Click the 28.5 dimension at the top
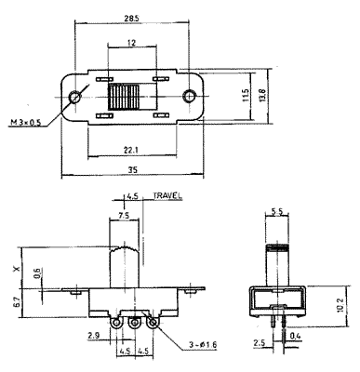[132, 19]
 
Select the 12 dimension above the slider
[132, 43]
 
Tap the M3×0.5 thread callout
[26, 123]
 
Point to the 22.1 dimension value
[131, 151]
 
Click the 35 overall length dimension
[132, 170]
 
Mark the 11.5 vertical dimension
[246, 96]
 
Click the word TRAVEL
[167, 195]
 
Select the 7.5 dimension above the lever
[124, 216]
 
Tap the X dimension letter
[18, 269]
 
